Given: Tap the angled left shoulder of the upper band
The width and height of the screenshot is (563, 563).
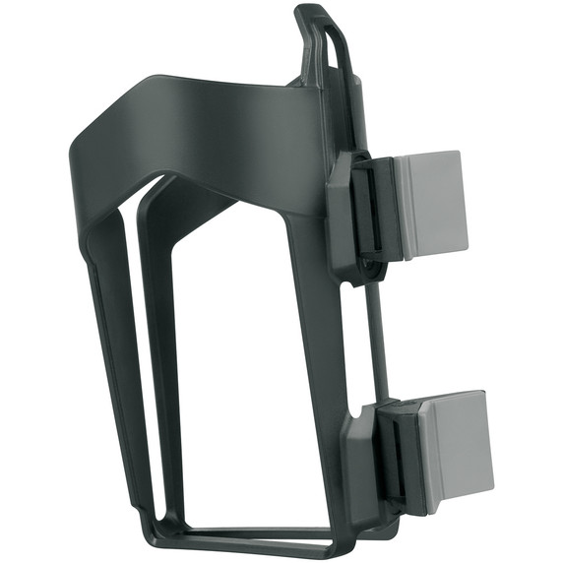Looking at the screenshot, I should [94, 138].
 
